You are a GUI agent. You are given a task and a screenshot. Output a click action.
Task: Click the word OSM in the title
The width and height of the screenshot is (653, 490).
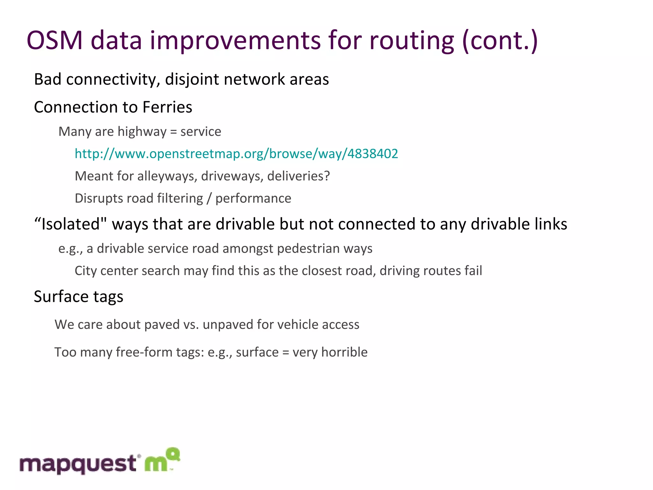(55, 41)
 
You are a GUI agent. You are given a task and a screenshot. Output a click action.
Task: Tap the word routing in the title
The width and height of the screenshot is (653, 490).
(411, 41)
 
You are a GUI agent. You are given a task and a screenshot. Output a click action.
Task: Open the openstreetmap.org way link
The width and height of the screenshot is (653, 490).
(236, 154)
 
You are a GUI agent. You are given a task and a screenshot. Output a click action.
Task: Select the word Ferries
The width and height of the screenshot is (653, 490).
(167, 107)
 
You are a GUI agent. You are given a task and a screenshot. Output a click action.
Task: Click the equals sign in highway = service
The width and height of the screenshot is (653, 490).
(173, 132)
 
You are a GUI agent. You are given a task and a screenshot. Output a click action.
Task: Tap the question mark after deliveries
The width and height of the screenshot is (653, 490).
(327, 176)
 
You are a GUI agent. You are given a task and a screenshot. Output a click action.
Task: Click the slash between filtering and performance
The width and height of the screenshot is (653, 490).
(209, 198)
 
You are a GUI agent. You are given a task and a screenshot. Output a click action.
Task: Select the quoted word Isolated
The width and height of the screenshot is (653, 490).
(70, 224)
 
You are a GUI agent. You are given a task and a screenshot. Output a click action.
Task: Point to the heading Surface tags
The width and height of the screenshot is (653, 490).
(78, 297)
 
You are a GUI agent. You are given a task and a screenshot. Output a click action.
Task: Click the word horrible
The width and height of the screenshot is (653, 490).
(344, 352)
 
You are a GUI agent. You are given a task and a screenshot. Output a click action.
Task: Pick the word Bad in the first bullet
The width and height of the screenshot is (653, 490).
(48, 79)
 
